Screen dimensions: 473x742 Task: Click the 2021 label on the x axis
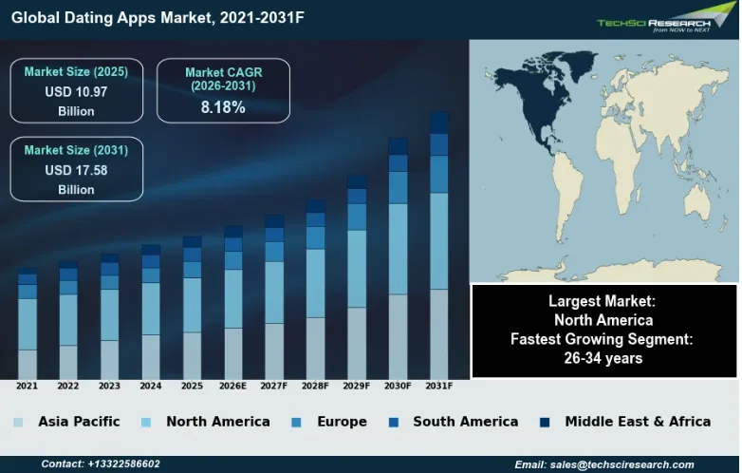pos(27,387)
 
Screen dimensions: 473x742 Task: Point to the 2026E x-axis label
pos(232,387)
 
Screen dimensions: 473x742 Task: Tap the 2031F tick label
pos(438,387)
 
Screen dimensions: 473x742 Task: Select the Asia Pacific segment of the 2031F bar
pos(438,333)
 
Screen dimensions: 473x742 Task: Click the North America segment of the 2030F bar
pos(398,248)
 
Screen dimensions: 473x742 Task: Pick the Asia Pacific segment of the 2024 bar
pos(151,356)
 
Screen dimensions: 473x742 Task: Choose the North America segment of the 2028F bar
pos(315,283)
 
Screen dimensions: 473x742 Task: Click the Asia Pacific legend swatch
pos(18,422)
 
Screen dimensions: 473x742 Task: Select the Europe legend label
pos(343,422)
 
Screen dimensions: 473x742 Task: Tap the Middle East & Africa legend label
pos(637,422)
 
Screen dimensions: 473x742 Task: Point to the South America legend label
pos(465,422)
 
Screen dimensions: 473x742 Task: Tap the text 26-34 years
pos(603,358)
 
